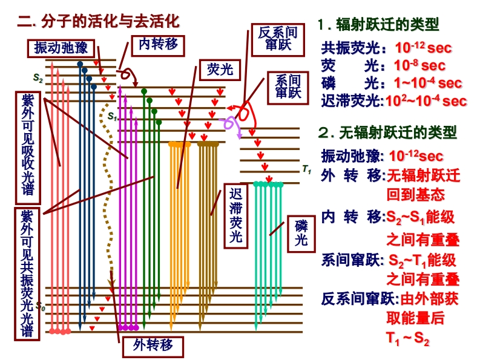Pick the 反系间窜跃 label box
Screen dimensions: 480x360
[x=278, y=39]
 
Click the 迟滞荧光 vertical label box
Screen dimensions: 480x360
[x=236, y=215]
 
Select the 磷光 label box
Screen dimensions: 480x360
[x=301, y=234]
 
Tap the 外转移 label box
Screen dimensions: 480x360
[x=153, y=346]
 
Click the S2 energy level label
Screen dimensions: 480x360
[x=38, y=78]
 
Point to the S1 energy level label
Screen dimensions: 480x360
[x=112, y=115]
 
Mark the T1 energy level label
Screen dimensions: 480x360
[x=306, y=171]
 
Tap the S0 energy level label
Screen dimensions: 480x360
[x=40, y=306]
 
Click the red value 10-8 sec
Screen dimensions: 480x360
[x=419, y=65]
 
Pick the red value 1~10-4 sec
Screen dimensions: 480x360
[x=427, y=83]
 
